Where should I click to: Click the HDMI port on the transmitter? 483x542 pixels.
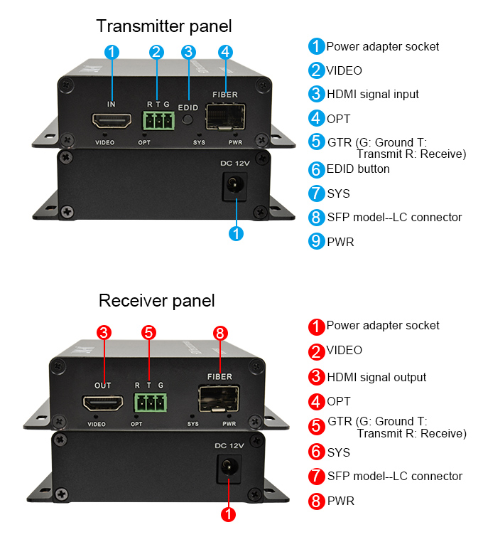coord(111,122)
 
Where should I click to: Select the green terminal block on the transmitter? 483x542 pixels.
coord(158,121)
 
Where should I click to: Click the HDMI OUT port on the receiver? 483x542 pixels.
coord(104,405)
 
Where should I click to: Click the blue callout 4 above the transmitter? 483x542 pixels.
coord(225,51)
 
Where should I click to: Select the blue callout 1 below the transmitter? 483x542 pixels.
coord(237,233)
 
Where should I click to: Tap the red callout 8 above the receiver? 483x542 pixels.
coord(219,332)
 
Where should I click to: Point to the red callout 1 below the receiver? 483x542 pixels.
coord(229,514)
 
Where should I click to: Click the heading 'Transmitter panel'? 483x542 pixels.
coord(164,26)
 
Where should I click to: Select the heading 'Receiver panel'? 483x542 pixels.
coord(157,300)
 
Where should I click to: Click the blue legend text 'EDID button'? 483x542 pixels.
coord(359,169)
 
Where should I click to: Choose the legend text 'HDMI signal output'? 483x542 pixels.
coord(376,377)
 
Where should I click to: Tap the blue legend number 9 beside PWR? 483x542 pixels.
coord(316,242)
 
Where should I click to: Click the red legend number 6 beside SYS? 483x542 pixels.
coord(316,452)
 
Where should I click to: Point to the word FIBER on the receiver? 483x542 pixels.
coord(219,376)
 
